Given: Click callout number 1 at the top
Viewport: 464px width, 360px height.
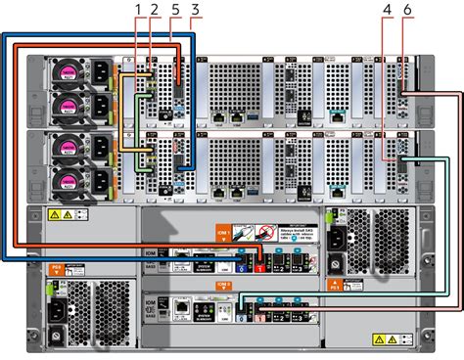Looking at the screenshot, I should point(138,10).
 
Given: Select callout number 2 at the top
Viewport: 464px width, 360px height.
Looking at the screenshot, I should point(155,10).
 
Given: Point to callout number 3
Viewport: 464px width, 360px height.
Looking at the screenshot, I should point(196,10).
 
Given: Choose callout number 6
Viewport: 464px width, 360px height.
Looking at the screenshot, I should point(407,10).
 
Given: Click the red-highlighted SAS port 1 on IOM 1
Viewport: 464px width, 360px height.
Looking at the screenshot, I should point(259,259).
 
